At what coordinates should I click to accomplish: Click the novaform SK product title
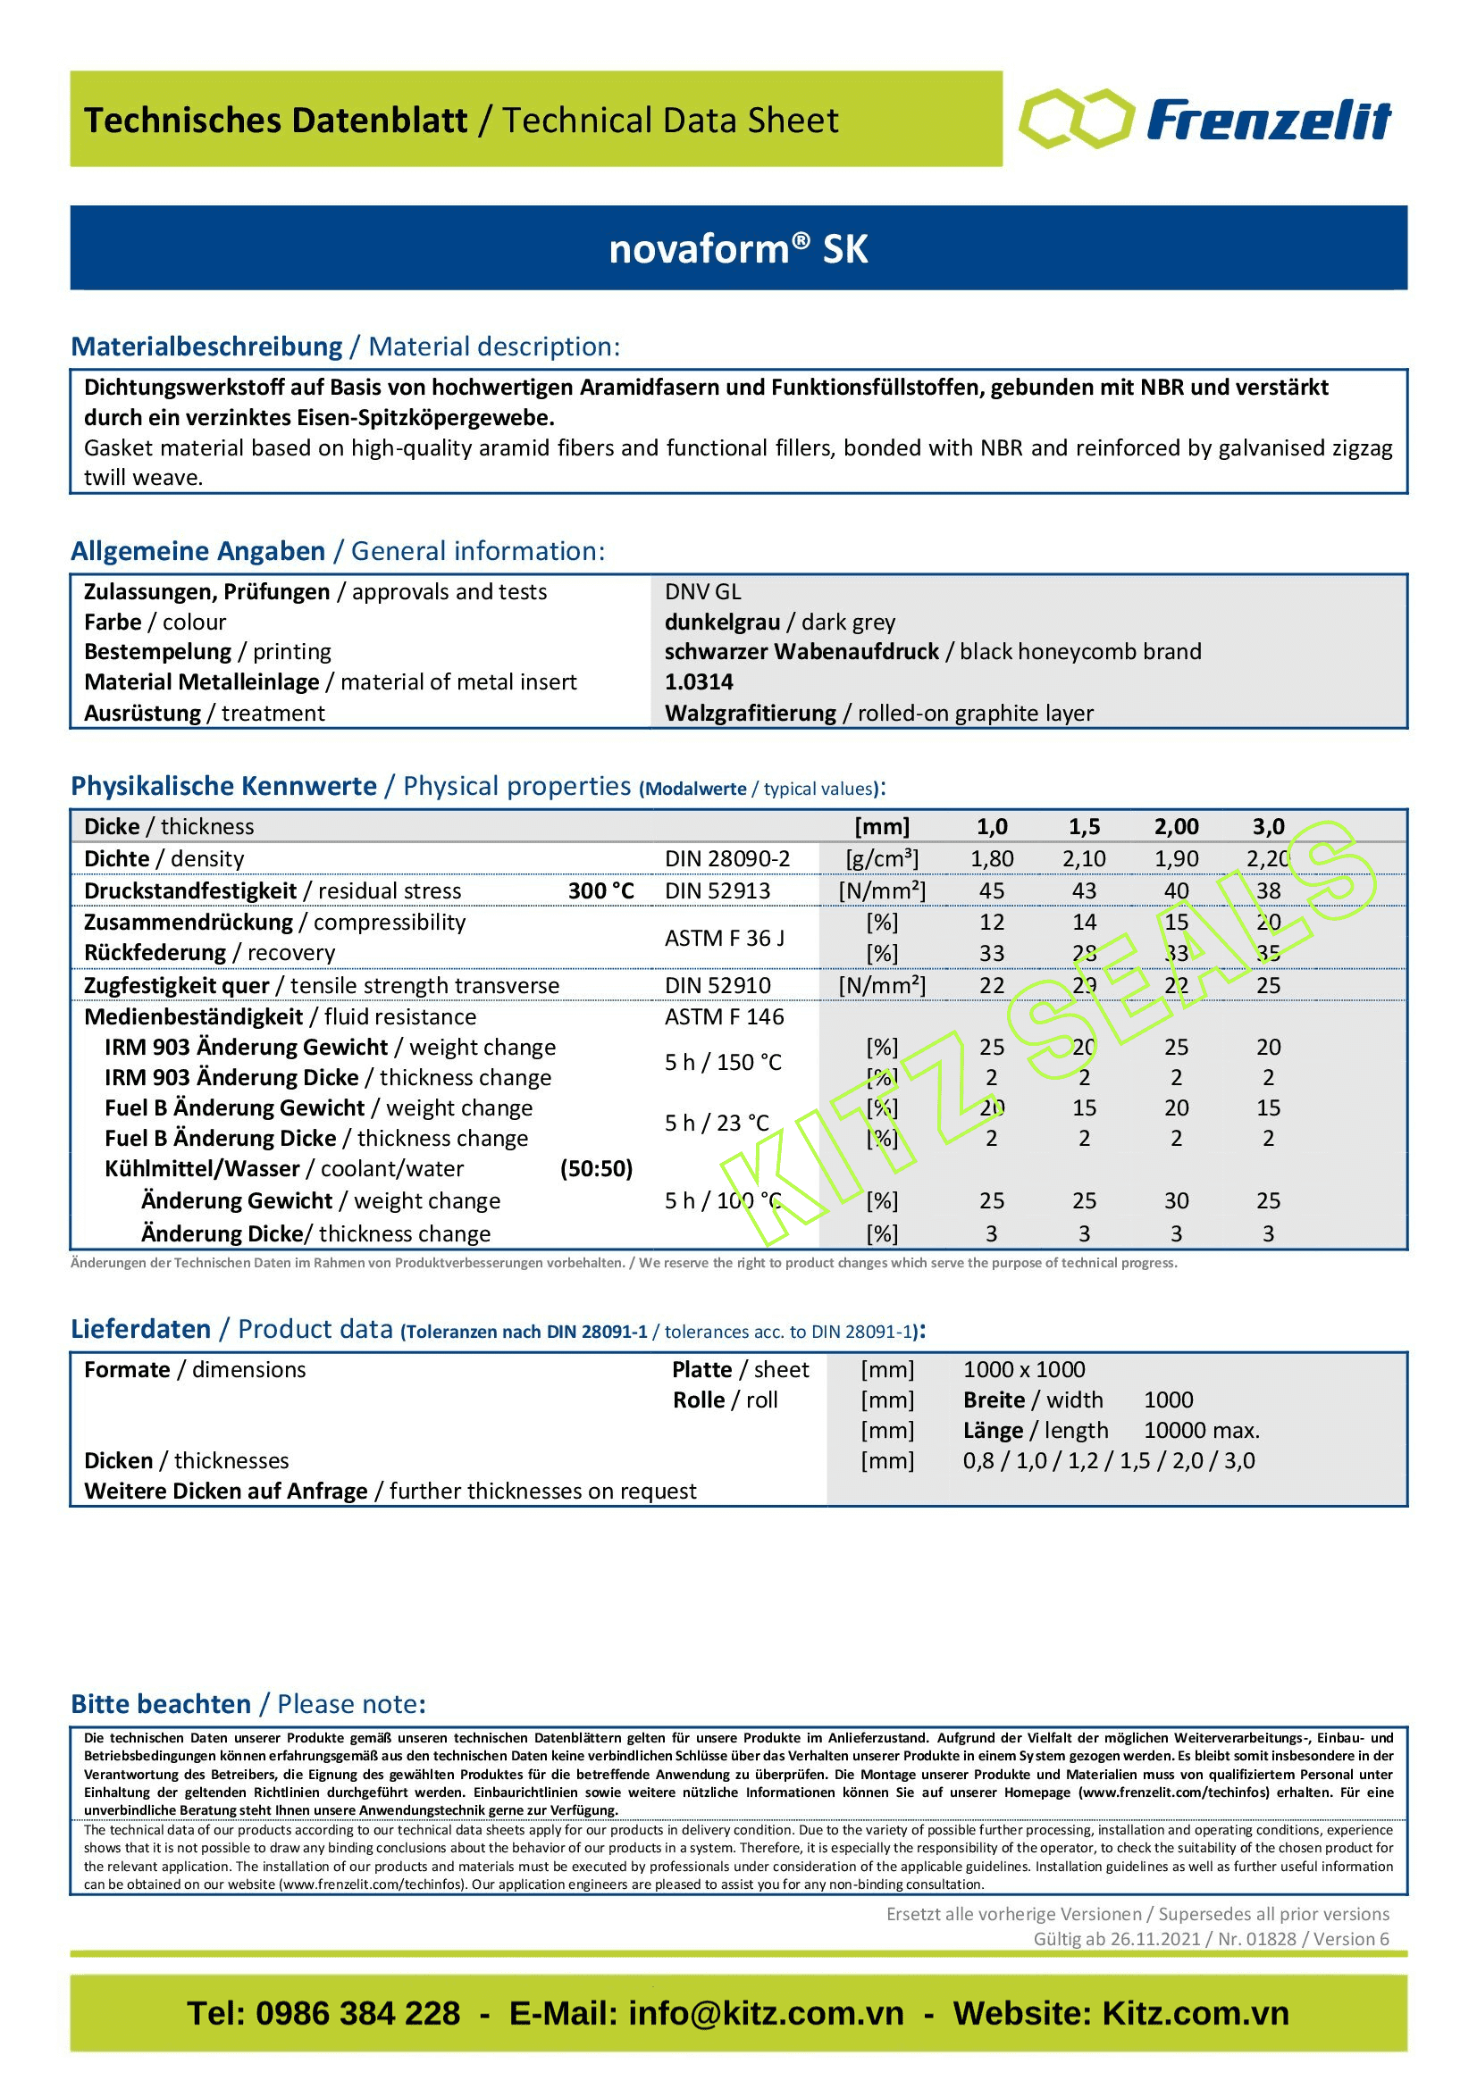click(x=738, y=249)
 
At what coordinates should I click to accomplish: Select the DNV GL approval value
click(x=702, y=592)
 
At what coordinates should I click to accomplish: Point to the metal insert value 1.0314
click(x=698, y=682)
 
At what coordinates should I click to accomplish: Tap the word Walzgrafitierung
click(x=750, y=714)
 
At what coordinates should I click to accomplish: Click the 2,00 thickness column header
click(x=1176, y=827)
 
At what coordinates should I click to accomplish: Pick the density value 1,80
click(x=992, y=859)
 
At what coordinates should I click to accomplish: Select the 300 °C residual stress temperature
click(x=600, y=890)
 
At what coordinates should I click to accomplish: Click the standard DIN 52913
click(x=718, y=890)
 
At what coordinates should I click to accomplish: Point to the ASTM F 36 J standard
click(x=725, y=938)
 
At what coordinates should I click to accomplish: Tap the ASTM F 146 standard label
click(x=725, y=1017)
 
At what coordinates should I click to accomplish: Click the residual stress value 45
click(x=992, y=890)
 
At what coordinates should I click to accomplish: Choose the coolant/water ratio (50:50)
click(x=596, y=1169)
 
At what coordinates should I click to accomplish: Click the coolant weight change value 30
click(x=1176, y=1201)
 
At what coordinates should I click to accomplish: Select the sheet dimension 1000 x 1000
click(x=1024, y=1370)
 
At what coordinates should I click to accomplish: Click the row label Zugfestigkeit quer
click(x=177, y=986)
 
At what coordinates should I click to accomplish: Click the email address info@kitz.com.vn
click(x=766, y=2014)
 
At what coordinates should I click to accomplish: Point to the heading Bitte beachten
click(x=161, y=1704)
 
